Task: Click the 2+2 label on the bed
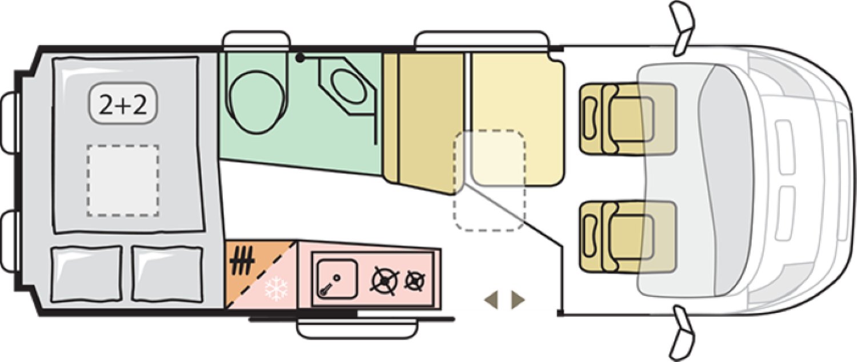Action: tap(123, 104)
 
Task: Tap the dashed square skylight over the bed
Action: tap(123, 180)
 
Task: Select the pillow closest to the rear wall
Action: tap(86, 274)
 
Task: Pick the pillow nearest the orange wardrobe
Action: tap(167, 274)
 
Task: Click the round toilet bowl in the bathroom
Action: tap(257, 102)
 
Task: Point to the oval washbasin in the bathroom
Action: tap(348, 86)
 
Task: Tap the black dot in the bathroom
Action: tap(301, 58)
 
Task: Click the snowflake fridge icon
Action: tap(276, 289)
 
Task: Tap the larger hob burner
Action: tap(385, 281)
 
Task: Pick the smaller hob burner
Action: tap(416, 281)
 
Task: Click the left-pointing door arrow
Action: tap(491, 300)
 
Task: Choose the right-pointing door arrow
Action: tap(518, 300)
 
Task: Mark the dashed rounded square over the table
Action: tap(490, 180)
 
